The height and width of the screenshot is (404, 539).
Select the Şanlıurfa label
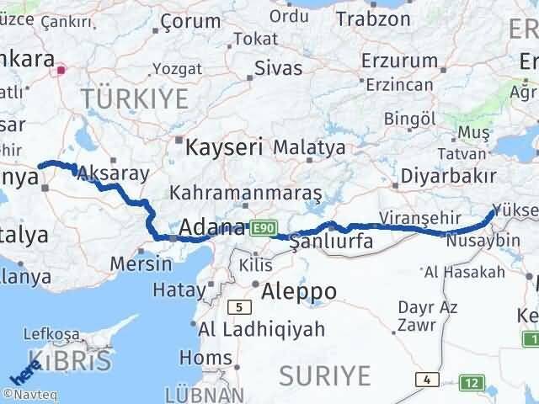330,244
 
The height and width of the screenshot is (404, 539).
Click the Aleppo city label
299,291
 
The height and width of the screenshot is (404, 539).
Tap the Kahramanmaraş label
245,193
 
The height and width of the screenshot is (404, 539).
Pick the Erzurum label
399,61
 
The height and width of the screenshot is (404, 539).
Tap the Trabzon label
372,17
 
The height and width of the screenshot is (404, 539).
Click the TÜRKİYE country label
135,98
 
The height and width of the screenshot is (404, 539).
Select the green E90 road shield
263,228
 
